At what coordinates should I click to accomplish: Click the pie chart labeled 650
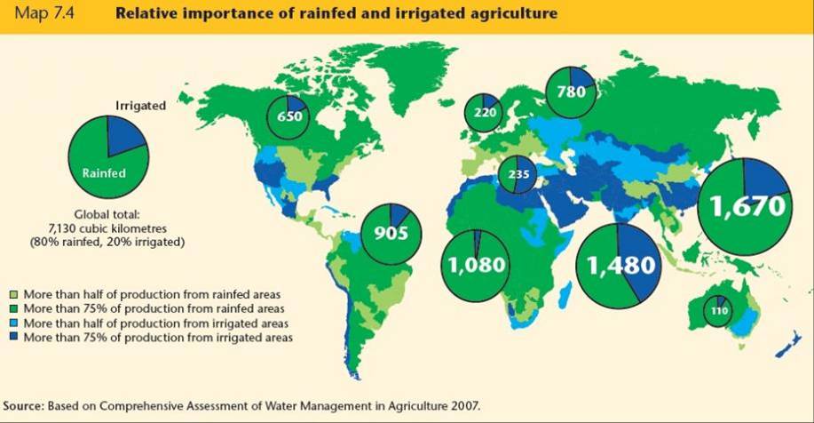(x=288, y=117)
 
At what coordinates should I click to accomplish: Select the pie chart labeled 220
(x=484, y=113)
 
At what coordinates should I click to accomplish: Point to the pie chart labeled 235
(x=518, y=175)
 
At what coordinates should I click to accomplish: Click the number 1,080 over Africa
(x=477, y=265)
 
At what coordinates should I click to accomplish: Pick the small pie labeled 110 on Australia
(x=717, y=310)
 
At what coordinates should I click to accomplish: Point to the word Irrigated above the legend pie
(x=141, y=104)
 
